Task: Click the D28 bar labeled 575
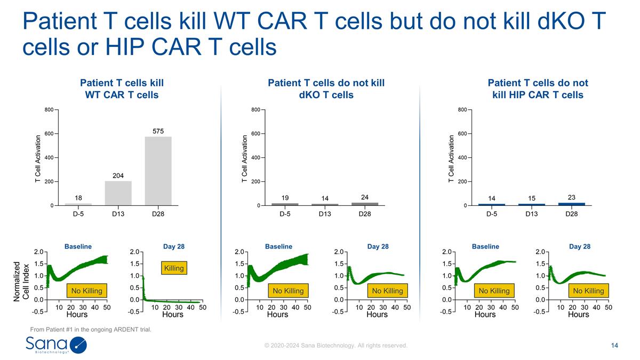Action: [x=158, y=171]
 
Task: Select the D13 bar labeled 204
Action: [x=118, y=193]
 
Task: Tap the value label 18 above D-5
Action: [x=78, y=197]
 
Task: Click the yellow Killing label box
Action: [x=174, y=268]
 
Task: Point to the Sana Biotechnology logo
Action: [x=56, y=345]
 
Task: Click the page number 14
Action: [x=614, y=346]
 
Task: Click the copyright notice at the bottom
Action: [x=336, y=346]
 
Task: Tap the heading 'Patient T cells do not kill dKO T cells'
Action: [x=326, y=89]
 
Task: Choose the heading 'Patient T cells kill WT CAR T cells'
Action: [x=122, y=89]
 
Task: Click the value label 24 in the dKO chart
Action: [x=365, y=197]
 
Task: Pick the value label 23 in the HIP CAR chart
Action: [x=571, y=197]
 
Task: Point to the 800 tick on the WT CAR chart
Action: [x=49, y=110]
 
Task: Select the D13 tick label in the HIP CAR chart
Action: [x=531, y=214]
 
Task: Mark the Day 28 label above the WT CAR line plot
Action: [x=174, y=246]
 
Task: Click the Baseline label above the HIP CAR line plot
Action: [x=485, y=246]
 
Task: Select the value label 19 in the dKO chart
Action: [x=285, y=198]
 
